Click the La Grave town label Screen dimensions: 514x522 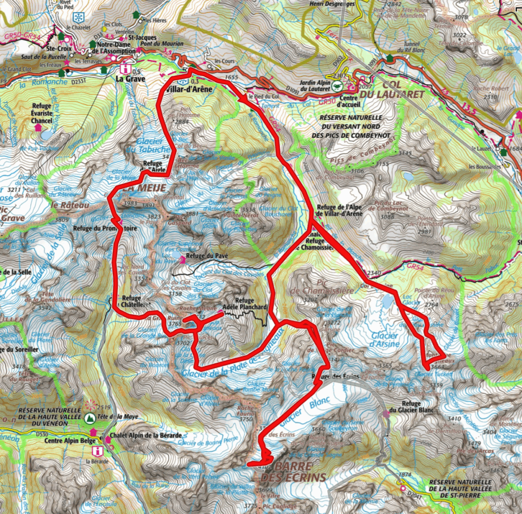pyautogui.click(x=130, y=79)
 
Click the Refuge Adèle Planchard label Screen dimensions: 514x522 pyautogui.click(x=251, y=304)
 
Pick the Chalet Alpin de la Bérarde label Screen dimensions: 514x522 pyautogui.click(x=145, y=435)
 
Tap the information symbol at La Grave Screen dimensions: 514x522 pyautogui.click(x=124, y=68)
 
